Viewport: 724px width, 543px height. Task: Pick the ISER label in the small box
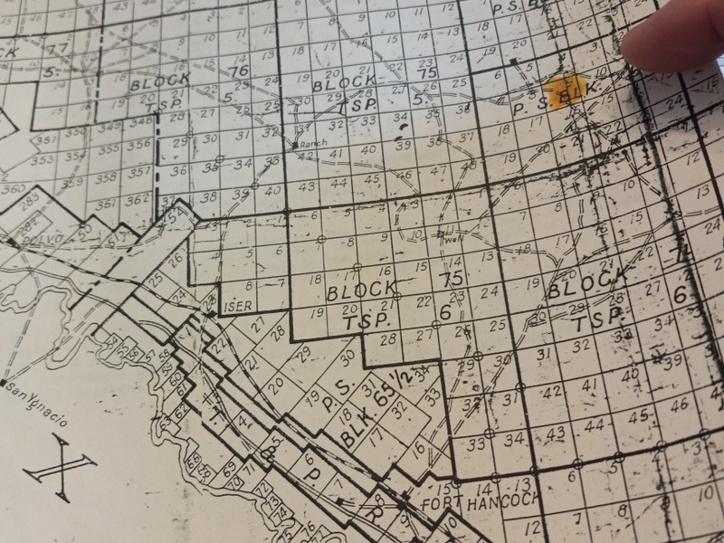(237, 305)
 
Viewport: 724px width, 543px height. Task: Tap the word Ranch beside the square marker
(317, 142)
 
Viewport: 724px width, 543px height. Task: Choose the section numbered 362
(137, 198)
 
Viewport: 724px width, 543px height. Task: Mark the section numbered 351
(45, 139)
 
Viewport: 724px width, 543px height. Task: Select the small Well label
(450, 241)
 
